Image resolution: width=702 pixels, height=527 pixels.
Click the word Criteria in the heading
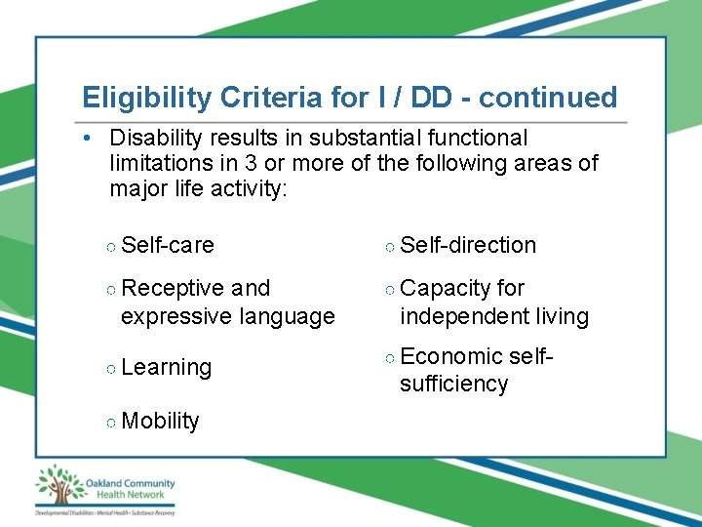tap(256, 98)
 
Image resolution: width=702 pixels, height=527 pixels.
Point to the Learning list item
tap(167, 367)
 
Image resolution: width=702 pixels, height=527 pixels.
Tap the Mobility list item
tap(161, 421)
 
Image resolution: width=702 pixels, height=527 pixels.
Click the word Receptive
tap(174, 288)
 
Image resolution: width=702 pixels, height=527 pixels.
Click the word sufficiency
tap(453, 384)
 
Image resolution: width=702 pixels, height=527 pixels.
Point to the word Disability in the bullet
tap(156, 138)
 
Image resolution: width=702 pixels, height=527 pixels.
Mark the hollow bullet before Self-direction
tap(390, 246)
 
